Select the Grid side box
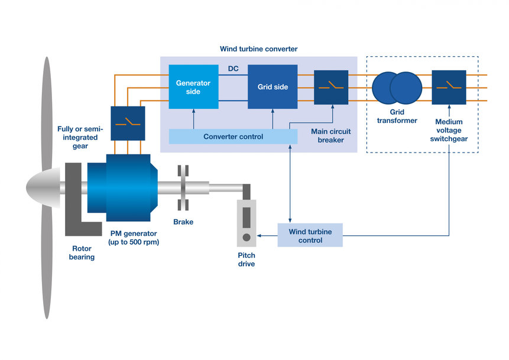click(273, 87)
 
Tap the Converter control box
click(233, 137)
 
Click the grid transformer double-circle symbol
click(397, 87)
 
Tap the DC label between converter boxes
click(233, 69)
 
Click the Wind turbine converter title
click(258, 48)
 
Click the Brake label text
click(183, 222)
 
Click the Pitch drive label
click(247, 260)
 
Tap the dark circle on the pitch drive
click(246, 238)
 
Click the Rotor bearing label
click(82, 253)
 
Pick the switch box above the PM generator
click(127, 123)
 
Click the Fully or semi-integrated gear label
click(80, 137)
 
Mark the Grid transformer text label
click(395, 116)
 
